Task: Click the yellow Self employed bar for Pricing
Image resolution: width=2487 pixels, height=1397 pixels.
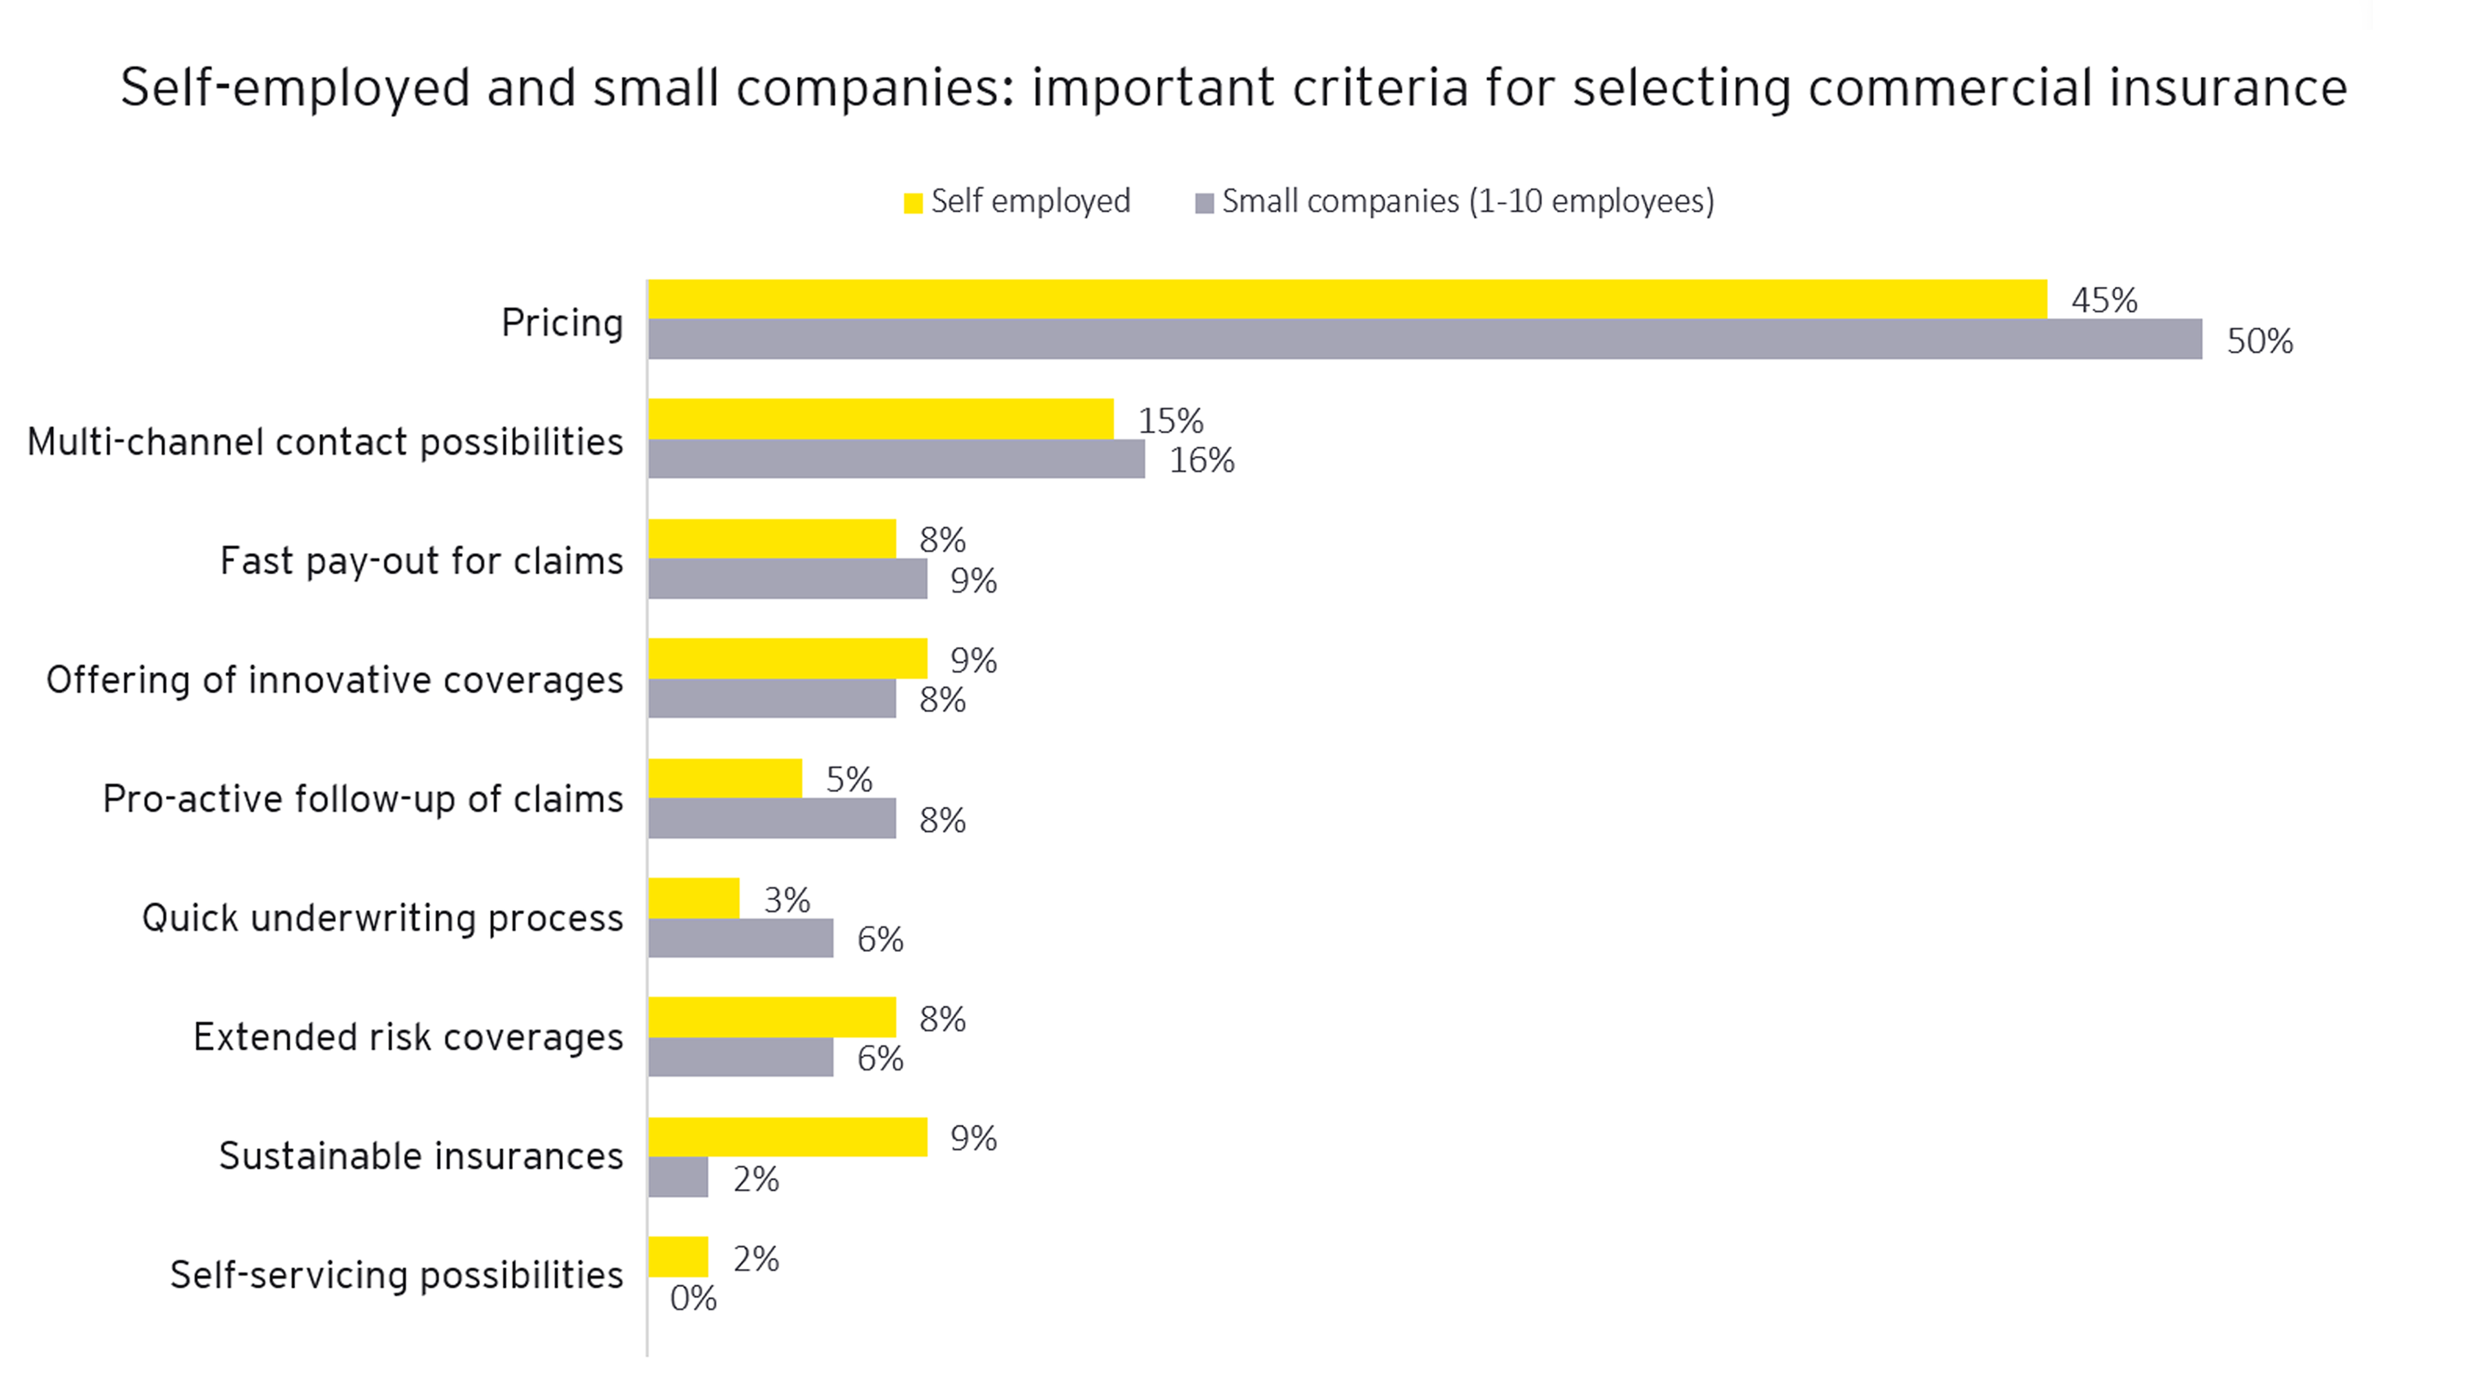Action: (x=1347, y=299)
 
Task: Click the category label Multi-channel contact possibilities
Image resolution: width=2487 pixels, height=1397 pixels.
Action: (x=325, y=442)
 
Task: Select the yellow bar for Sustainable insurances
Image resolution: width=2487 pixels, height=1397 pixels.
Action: (x=787, y=1137)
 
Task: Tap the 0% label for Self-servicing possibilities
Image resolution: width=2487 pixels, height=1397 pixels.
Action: (x=693, y=1299)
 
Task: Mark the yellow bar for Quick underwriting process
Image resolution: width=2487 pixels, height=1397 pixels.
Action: (x=693, y=898)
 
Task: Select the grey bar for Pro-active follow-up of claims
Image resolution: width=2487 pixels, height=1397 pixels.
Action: (x=771, y=819)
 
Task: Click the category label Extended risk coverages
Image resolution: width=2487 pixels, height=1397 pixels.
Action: (x=409, y=1038)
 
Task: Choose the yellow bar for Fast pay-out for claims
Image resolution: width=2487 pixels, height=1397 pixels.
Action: (x=771, y=539)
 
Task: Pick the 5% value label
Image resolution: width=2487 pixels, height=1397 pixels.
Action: (x=848, y=780)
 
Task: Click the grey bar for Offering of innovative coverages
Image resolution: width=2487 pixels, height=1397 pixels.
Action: (x=771, y=699)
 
